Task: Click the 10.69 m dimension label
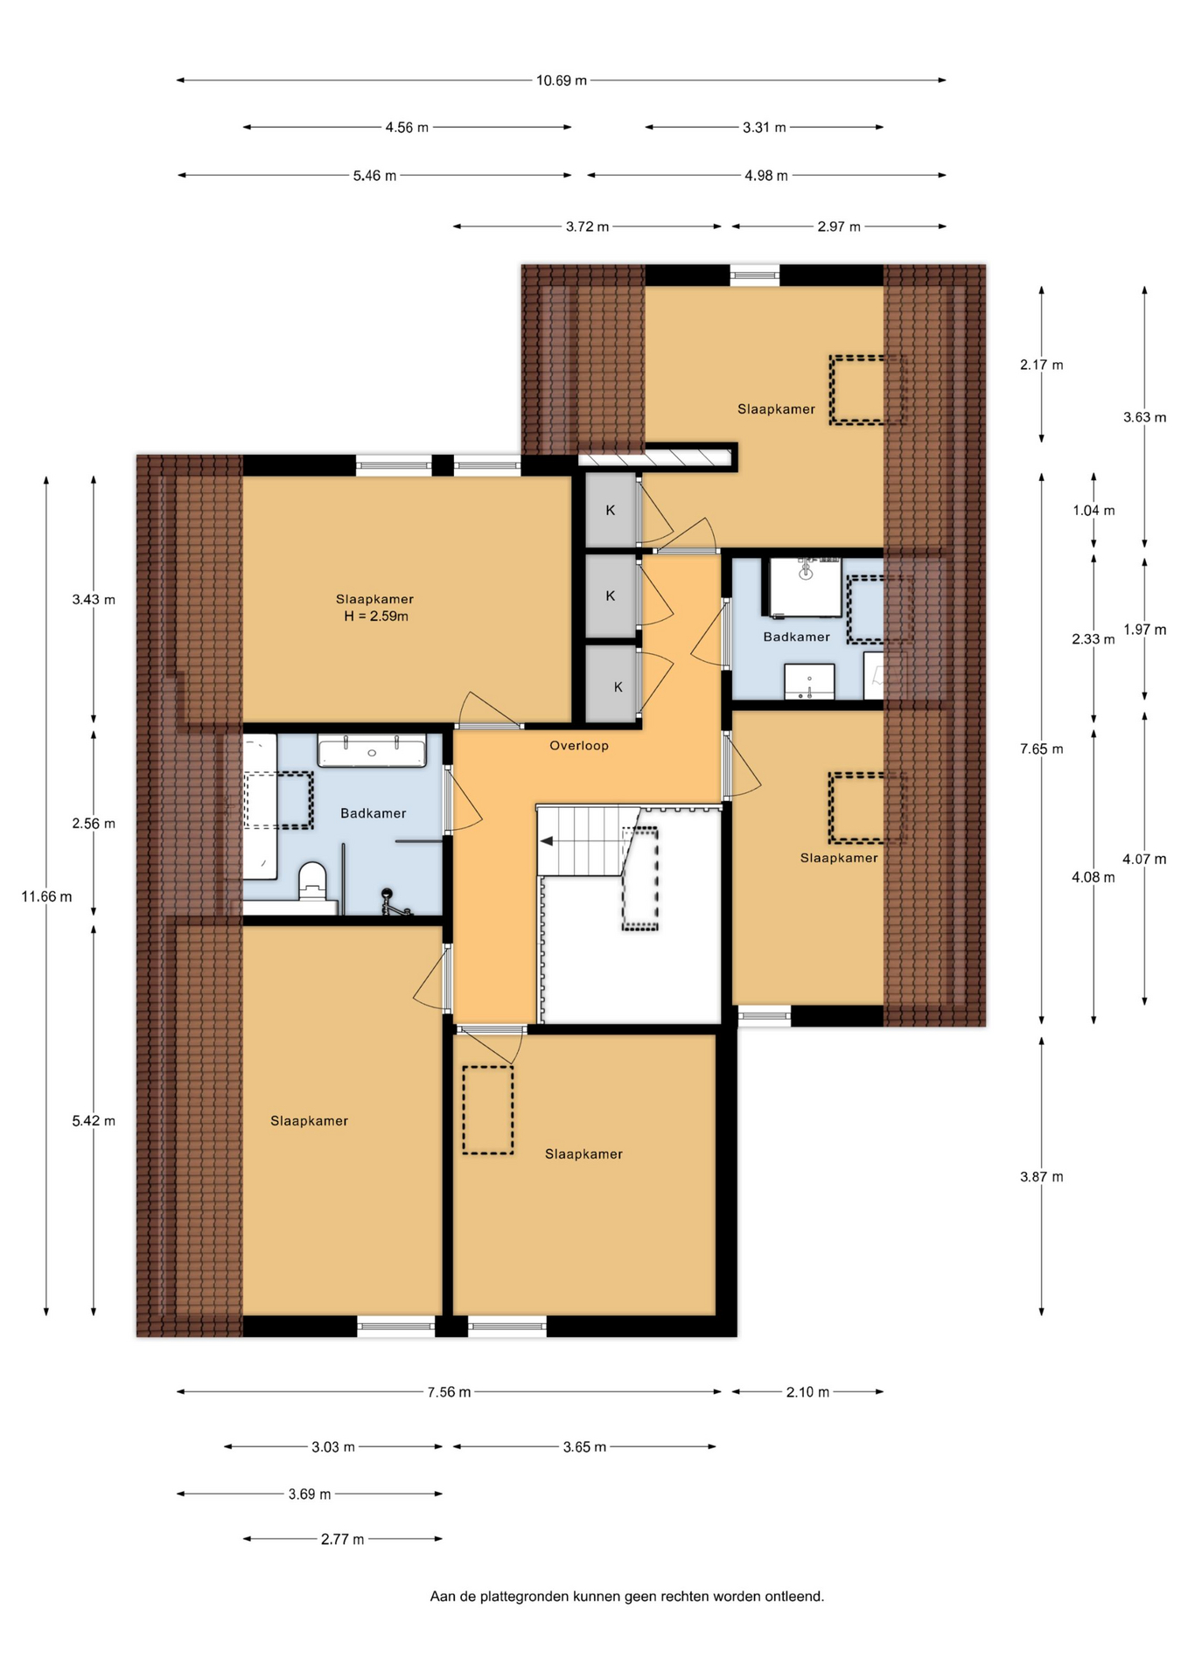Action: [561, 80]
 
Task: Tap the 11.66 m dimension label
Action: [46, 896]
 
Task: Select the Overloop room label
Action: [578, 746]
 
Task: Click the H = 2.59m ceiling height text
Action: [376, 617]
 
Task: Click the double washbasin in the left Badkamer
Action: [372, 751]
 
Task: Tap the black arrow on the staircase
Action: [547, 841]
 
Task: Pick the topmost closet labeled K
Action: [611, 511]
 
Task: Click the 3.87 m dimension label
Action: [1041, 1177]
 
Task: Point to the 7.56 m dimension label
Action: [449, 1392]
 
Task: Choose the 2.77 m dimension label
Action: [342, 1539]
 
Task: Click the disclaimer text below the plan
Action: [626, 1596]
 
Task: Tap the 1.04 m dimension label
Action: [1094, 511]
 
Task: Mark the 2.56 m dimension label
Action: [94, 824]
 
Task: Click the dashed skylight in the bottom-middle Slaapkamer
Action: [488, 1110]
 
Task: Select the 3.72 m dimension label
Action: [587, 226]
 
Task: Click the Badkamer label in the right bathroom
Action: [796, 637]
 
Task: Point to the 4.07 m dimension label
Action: [1144, 860]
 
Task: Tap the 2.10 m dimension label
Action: [807, 1392]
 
